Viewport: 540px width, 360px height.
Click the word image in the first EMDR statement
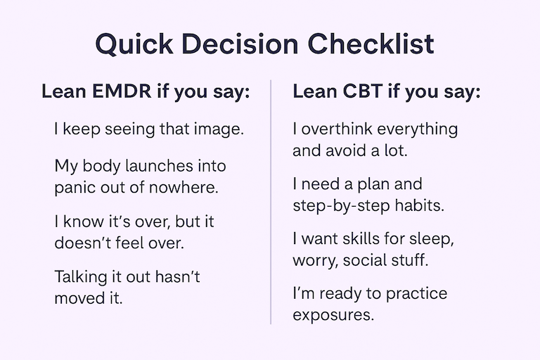(219, 129)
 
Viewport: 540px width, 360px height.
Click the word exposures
(333, 314)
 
